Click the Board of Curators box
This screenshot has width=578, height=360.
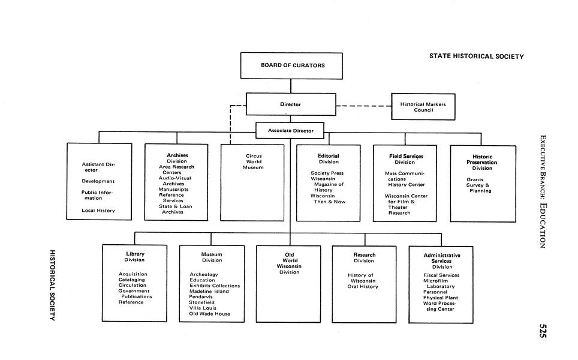coord(292,65)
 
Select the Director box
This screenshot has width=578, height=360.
coord(290,104)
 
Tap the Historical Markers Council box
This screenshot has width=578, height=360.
coord(423,107)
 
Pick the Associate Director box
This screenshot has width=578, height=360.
coord(290,130)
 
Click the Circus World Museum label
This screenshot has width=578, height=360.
coord(254,161)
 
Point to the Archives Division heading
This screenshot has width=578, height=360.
coord(177,158)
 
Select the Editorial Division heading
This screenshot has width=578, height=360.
coord(329,158)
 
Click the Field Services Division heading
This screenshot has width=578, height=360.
coord(406,159)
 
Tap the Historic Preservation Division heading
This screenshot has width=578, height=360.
coord(482,162)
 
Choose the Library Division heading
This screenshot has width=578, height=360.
coord(135,257)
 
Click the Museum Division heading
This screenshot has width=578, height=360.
coord(212,257)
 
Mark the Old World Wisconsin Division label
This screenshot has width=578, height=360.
coord(289,263)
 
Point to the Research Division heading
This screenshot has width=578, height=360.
coord(364,257)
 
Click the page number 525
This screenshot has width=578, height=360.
coord(543,331)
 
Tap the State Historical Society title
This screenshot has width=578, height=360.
coord(476,56)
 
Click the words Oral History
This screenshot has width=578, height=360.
coord(363,287)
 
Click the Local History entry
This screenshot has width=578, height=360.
coord(98,211)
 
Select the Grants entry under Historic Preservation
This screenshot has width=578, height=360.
coord(475,179)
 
